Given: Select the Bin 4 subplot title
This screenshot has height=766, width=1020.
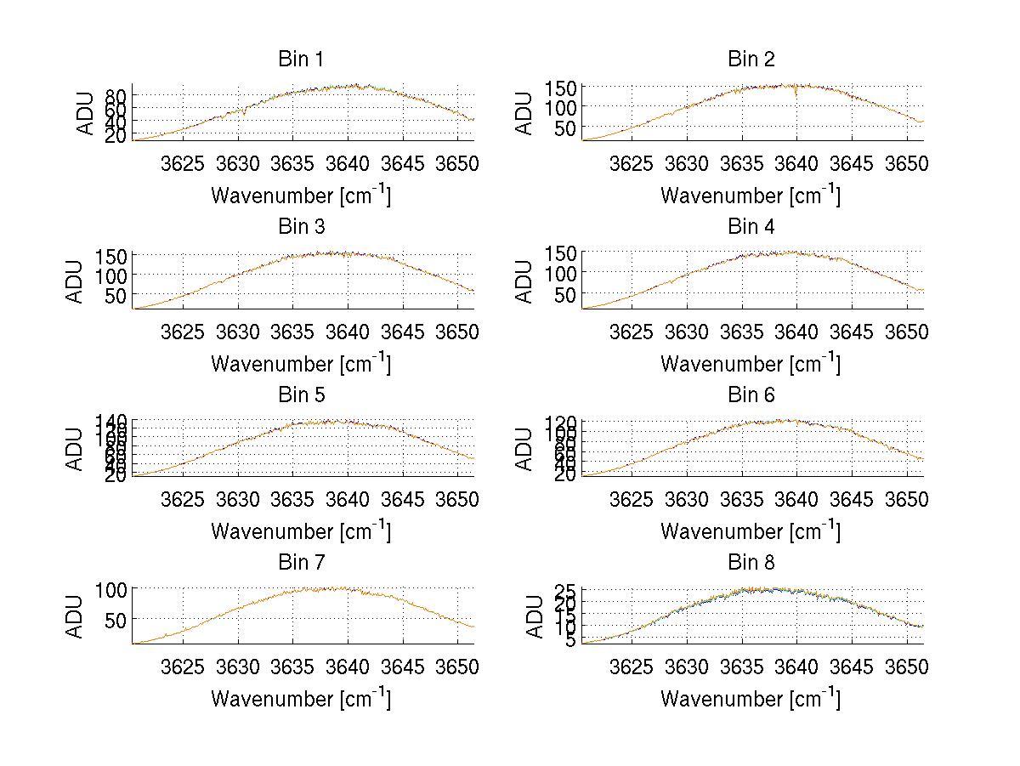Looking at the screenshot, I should tap(751, 227).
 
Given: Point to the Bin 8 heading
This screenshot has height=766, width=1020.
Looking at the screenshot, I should tap(751, 563).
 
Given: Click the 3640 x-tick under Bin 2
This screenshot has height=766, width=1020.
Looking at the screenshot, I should tap(796, 163).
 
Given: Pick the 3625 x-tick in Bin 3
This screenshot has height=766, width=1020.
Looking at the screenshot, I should tap(184, 331).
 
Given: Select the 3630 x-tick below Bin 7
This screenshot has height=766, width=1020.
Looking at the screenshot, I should tap(238, 667).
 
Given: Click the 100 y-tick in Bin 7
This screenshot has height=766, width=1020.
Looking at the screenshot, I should tap(115, 588).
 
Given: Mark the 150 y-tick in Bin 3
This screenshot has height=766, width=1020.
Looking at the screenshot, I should tap(115, 255).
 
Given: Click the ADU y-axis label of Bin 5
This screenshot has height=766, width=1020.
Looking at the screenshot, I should tap(76, 448).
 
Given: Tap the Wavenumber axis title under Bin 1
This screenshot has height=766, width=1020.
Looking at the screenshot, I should tap(301, 196).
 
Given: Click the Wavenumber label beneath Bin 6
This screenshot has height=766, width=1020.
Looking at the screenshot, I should tap(751, 531).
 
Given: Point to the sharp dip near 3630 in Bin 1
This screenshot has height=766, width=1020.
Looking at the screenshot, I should tap(245, 113).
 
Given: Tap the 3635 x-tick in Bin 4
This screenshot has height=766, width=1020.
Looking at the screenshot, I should tap(742, 331).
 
